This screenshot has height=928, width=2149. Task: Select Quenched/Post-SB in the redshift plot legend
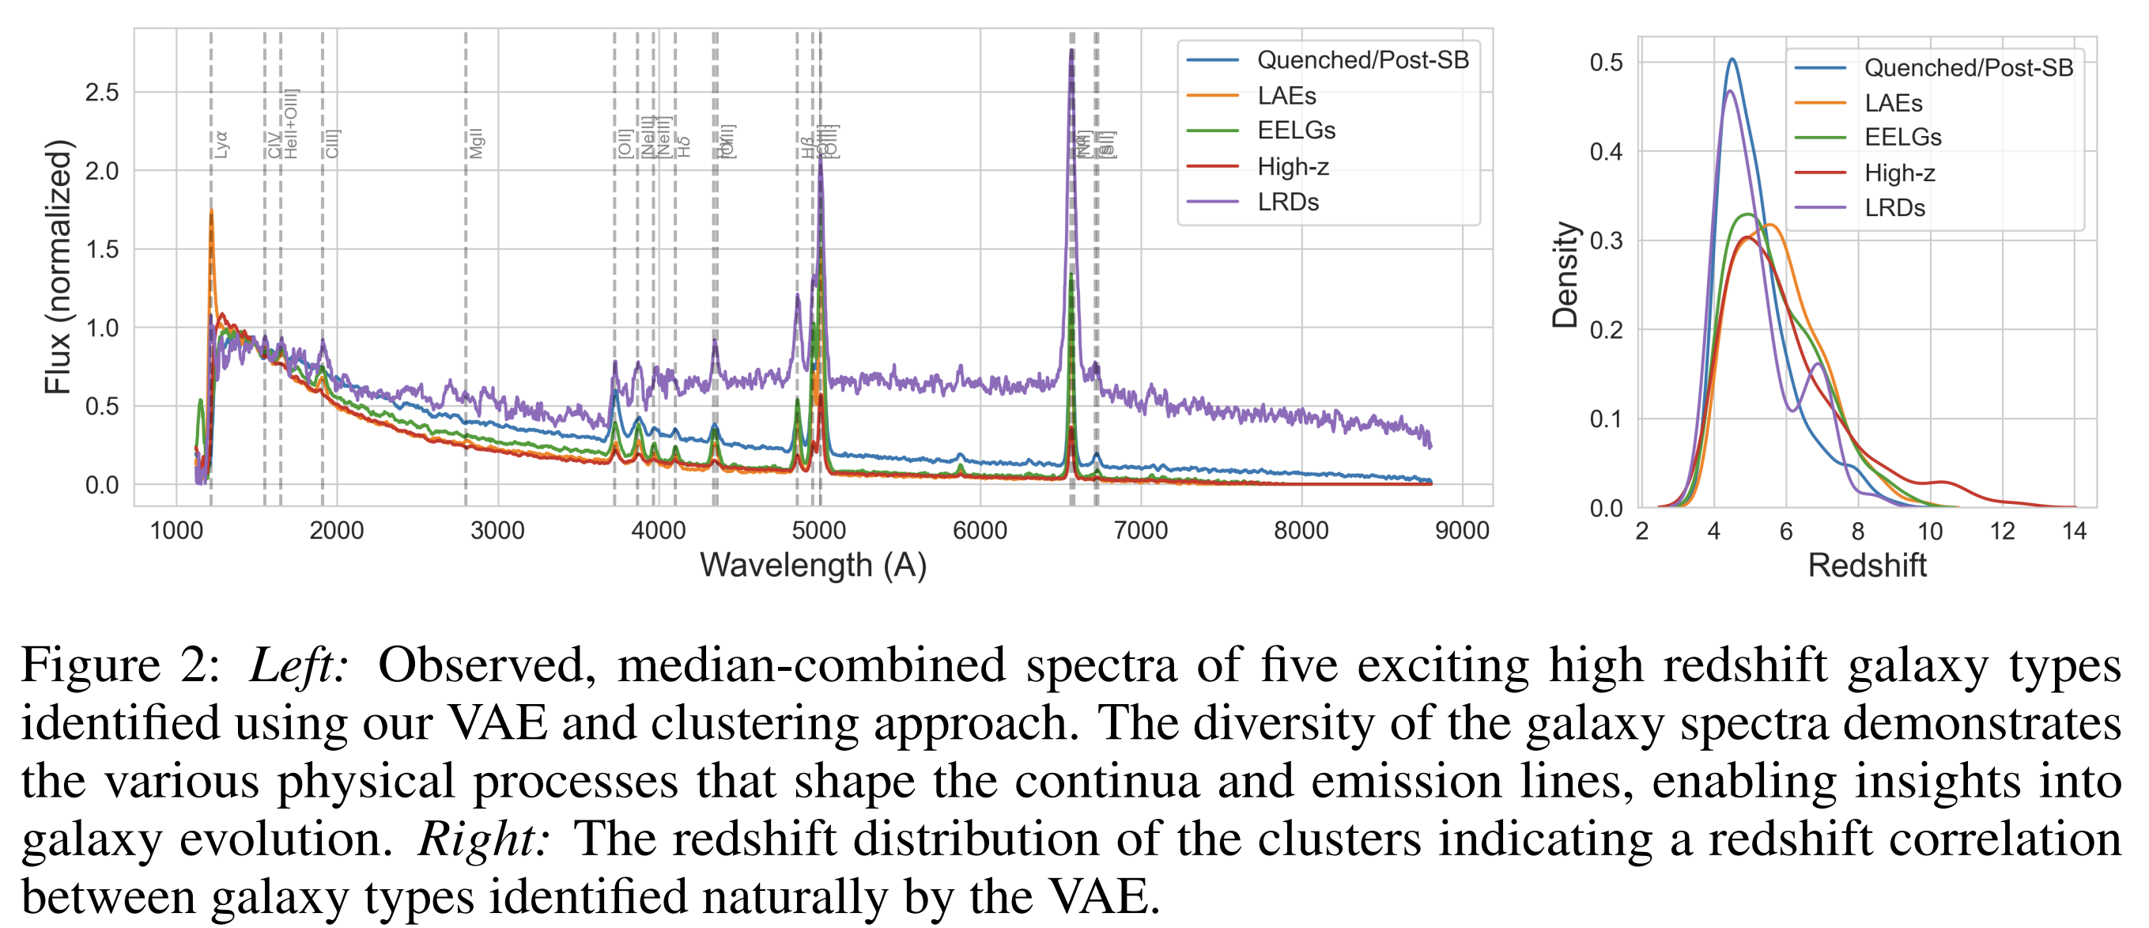[x=1968, y=67]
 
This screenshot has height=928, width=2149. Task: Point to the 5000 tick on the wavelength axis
[x=819, y=531]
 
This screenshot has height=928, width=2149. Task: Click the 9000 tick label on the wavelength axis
[x=1462, y=531]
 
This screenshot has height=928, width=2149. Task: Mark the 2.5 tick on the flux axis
[x=102, y=92]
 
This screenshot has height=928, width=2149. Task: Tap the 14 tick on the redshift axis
[x=2073, y=532]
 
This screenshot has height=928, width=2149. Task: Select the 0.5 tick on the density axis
[x=1606, y=62]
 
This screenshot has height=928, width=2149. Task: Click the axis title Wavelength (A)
[x=813, y=566]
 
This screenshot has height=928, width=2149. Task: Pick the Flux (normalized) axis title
[x=59, y=267]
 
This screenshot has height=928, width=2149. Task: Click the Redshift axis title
[x=1866, y=566]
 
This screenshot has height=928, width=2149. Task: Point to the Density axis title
[x=1565, y=275]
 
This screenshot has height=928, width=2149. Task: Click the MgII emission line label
[x=475, y=143]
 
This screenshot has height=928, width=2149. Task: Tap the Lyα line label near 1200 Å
[x=221, y=144]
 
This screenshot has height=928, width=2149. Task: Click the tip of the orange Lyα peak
[x=211, y=211]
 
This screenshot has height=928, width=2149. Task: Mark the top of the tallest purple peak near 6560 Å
[x=1071, y=51]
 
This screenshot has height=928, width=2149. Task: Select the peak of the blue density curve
[x=1732, y=59]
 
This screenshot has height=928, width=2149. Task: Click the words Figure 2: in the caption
[x=121, y=666]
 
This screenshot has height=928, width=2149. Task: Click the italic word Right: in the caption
[x=484, y=839]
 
